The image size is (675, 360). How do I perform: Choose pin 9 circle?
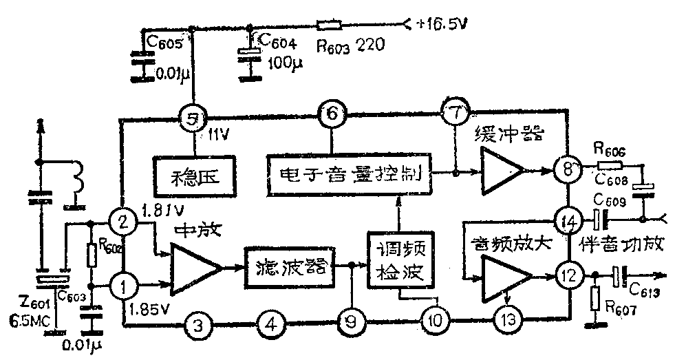tap(352, 321)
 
